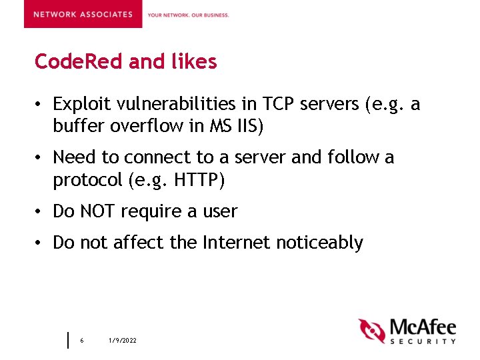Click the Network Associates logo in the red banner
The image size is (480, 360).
pos(83,14)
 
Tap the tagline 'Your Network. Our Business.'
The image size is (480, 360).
pos(188,15)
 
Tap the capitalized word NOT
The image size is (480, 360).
pos(97,211)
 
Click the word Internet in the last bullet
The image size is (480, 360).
pos(233,243)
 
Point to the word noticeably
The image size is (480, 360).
pos(319,243)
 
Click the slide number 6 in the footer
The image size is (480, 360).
pos(81,341)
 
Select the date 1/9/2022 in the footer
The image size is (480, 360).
pos(123,341)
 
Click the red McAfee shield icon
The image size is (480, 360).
pos(372,330)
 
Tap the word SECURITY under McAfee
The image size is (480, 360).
pos(423,341)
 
